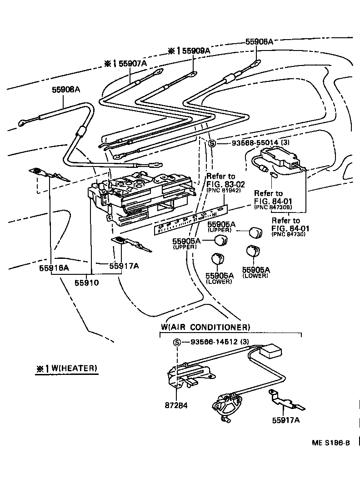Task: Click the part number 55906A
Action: tap(259, 41)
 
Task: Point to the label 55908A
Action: tap(65, 90)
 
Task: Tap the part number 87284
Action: tap(178, 404)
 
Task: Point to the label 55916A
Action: tap(54, 268)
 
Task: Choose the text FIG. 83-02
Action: tap(225, 184)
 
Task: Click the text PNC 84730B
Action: tap(273, 207)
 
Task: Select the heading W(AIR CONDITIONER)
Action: tap(205, 327)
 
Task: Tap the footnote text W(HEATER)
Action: tap(74, 368)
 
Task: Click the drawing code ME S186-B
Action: tap(331, 443)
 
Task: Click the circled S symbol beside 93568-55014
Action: tap(212, 143)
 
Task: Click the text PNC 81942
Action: tap(225, 190)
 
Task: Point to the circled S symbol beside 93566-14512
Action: tap(177, 342)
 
